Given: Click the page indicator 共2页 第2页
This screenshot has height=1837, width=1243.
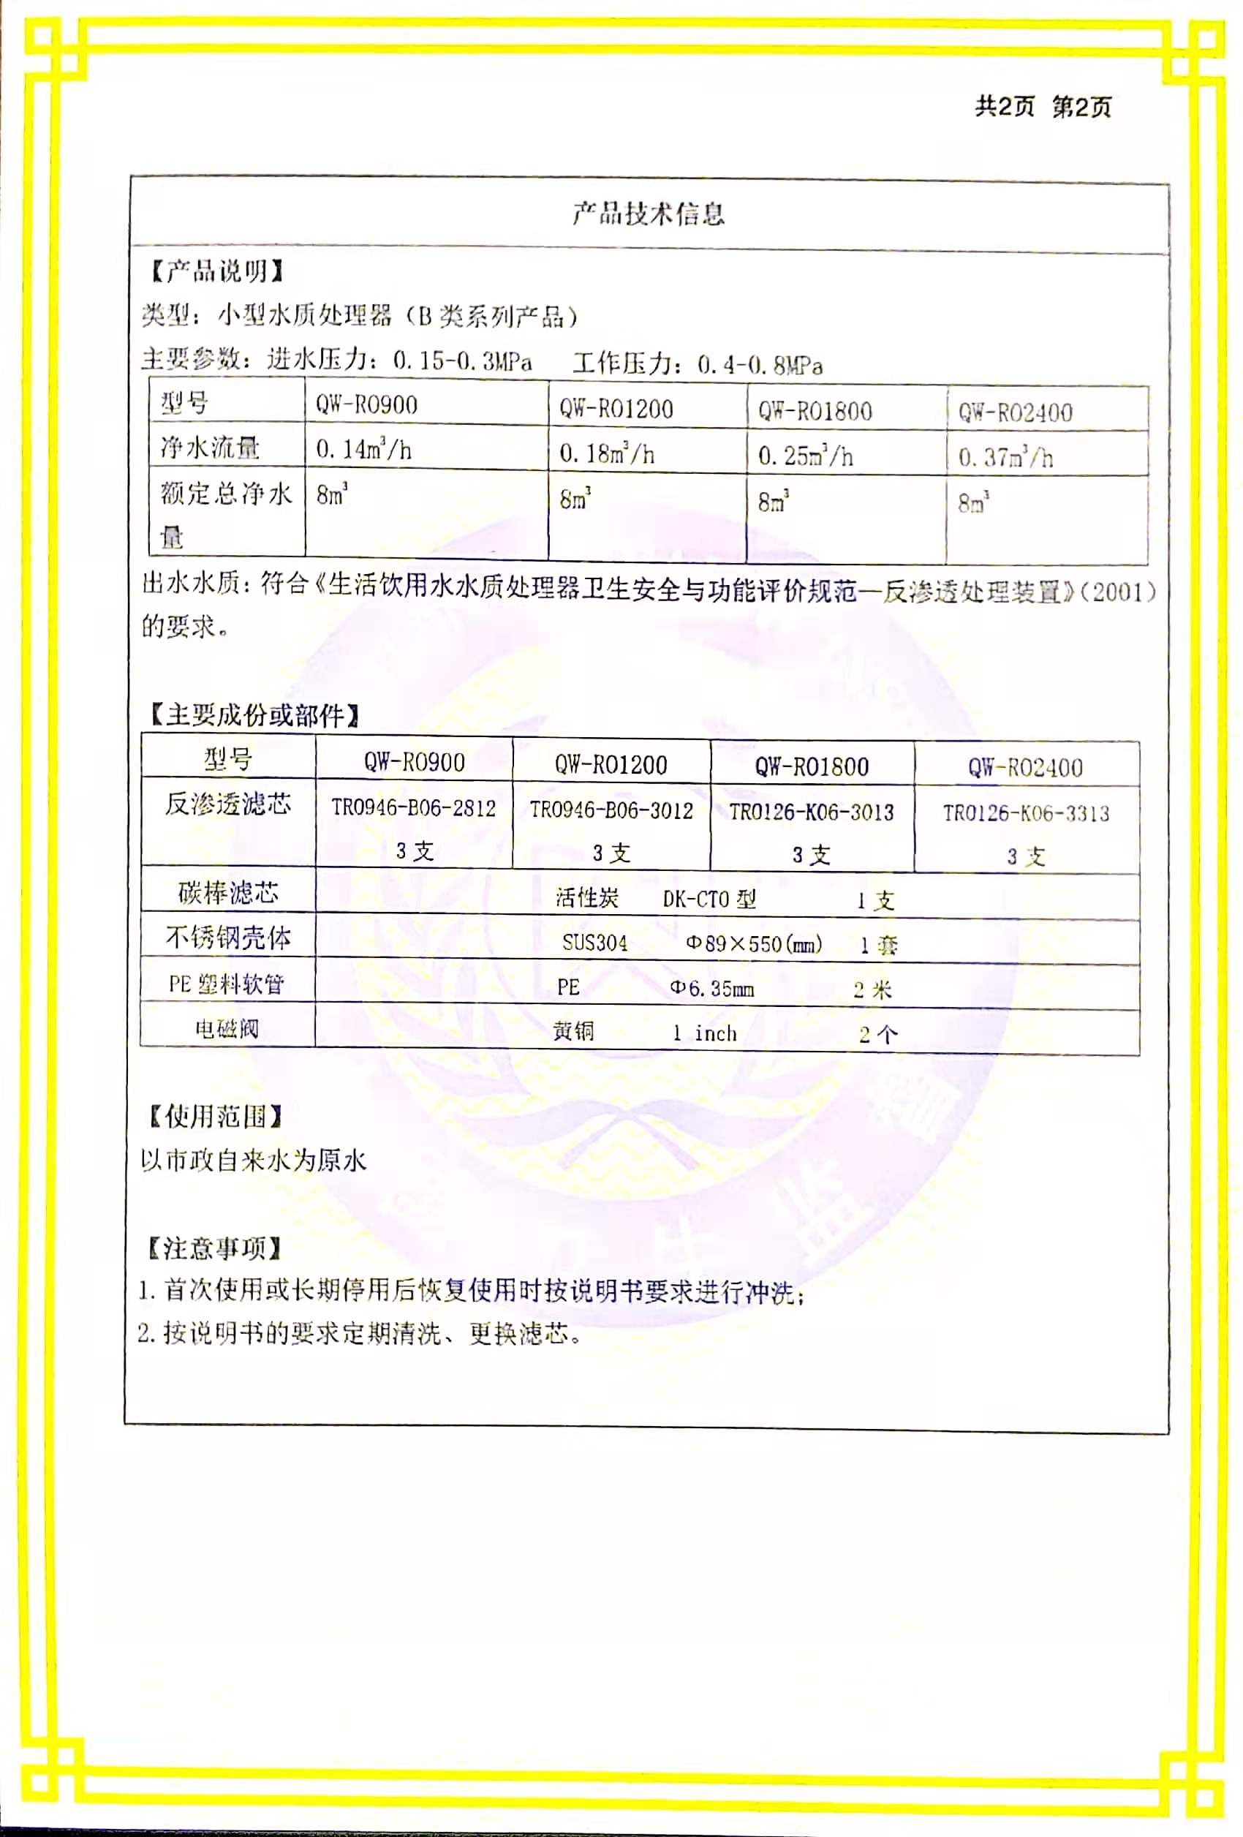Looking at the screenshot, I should (x=1042, y=107).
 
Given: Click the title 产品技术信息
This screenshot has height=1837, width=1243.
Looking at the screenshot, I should (x=648, y=214).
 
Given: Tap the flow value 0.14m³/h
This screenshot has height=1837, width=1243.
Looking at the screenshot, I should (x=363, y=450).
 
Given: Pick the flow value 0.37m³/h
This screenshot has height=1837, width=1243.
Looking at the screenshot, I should (x=1005, y=457).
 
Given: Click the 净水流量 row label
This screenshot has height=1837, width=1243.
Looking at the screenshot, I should (x=210, y=448).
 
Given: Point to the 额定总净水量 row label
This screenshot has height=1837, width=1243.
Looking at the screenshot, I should (x=226, y=514).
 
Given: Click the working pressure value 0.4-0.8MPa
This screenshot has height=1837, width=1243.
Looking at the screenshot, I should (x=760, y=365).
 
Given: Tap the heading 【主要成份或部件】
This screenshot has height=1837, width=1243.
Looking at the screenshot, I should (x=254, y=715).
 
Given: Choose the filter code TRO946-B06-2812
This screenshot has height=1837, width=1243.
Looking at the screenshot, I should (x=413, y=808).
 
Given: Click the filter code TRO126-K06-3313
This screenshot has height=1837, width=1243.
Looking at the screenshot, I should (x=1026, y=813).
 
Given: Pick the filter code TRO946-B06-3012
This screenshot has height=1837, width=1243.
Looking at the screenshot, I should (x=611, y=810).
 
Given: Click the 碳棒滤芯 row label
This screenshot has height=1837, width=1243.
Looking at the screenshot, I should (x=227, y=893).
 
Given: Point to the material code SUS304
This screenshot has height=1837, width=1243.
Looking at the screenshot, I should (x=594, y=942).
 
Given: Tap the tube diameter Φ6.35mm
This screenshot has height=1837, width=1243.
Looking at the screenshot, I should (x=711, y=988).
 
